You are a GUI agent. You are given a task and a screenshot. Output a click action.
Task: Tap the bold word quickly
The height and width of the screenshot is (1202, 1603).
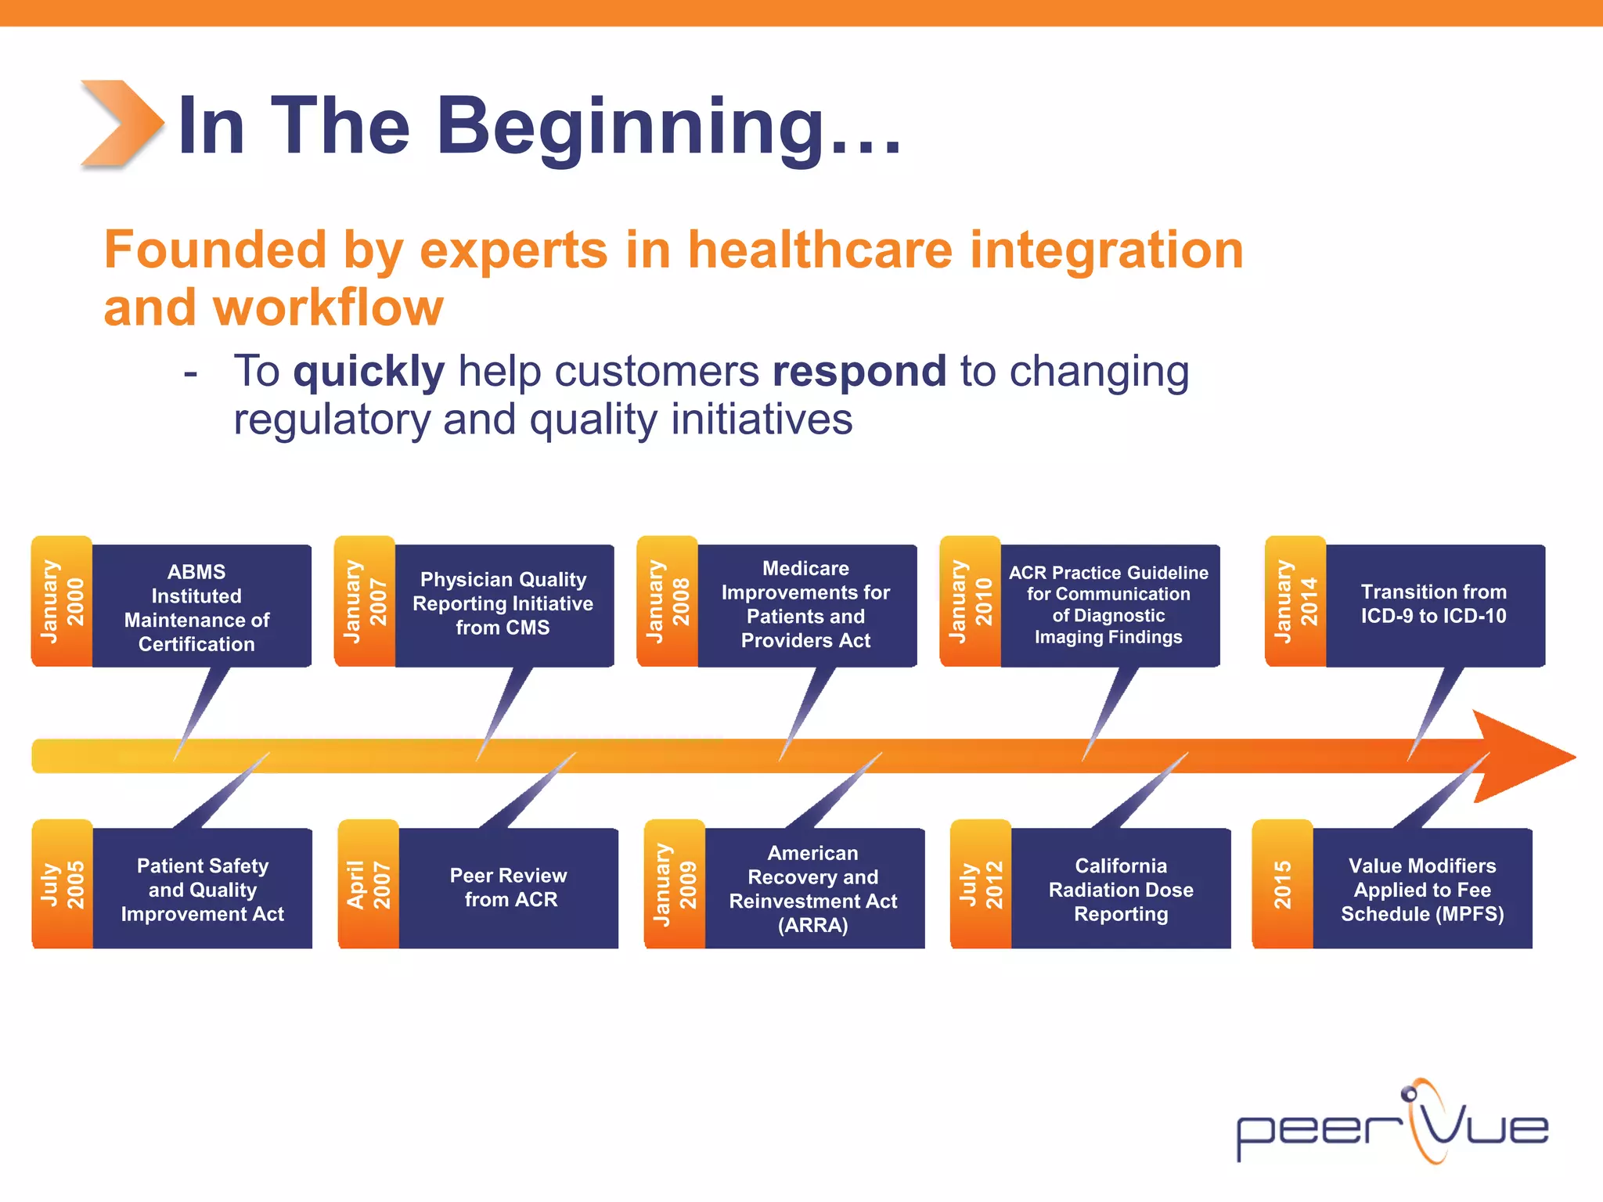368,371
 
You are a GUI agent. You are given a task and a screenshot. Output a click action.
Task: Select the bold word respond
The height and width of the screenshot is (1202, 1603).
859,371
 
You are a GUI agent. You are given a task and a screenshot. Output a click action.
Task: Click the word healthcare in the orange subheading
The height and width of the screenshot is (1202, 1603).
820,250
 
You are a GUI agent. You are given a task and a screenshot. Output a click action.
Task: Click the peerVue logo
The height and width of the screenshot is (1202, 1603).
1392,1124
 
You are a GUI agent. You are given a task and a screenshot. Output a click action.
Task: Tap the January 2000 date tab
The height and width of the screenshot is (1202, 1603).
62,602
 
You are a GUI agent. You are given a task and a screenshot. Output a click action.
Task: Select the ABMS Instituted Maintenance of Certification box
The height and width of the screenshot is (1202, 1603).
197,607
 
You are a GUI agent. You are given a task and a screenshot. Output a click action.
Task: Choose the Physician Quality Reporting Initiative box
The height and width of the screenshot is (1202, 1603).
503,603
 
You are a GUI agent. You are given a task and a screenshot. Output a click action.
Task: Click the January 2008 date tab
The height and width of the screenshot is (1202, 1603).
668,602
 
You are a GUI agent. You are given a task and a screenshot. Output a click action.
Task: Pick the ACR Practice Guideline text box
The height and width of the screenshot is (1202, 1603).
1108,604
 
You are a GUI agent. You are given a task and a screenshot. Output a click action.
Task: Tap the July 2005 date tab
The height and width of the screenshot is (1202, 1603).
62,884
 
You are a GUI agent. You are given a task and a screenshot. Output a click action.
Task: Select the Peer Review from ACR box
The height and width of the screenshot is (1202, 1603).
509,887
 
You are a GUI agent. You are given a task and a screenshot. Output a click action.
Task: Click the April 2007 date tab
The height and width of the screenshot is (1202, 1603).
368,884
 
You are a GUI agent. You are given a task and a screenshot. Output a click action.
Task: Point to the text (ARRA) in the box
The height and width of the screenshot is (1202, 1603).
812,926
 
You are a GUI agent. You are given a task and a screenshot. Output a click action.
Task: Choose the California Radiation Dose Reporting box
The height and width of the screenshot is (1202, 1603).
1120,889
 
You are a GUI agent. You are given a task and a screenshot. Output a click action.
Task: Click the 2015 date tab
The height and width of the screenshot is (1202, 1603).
1282,884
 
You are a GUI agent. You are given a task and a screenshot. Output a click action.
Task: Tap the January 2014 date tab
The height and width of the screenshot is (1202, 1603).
1295,602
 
